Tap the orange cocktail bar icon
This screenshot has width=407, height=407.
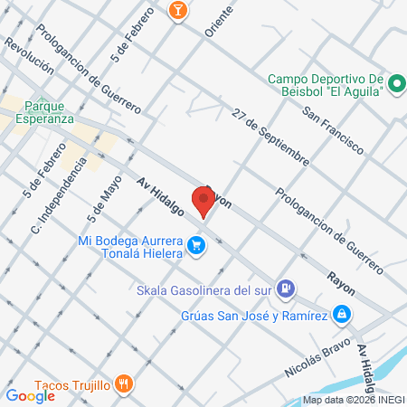click(x=177, y=9)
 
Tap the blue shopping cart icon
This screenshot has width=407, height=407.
click(x=195, y=244)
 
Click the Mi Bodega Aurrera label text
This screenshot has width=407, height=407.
click(x=130, y=247)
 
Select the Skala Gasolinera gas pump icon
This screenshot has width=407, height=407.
click(x=285, y=289)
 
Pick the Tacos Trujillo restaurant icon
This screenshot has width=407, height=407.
click(x=126, y=383)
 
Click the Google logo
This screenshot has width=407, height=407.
click(x=31, y=395)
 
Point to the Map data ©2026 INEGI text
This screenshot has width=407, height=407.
click(x=353, y=400)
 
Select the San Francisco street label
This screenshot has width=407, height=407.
click(x=333, y=128)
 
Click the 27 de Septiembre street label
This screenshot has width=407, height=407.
click(x=270, y=137)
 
